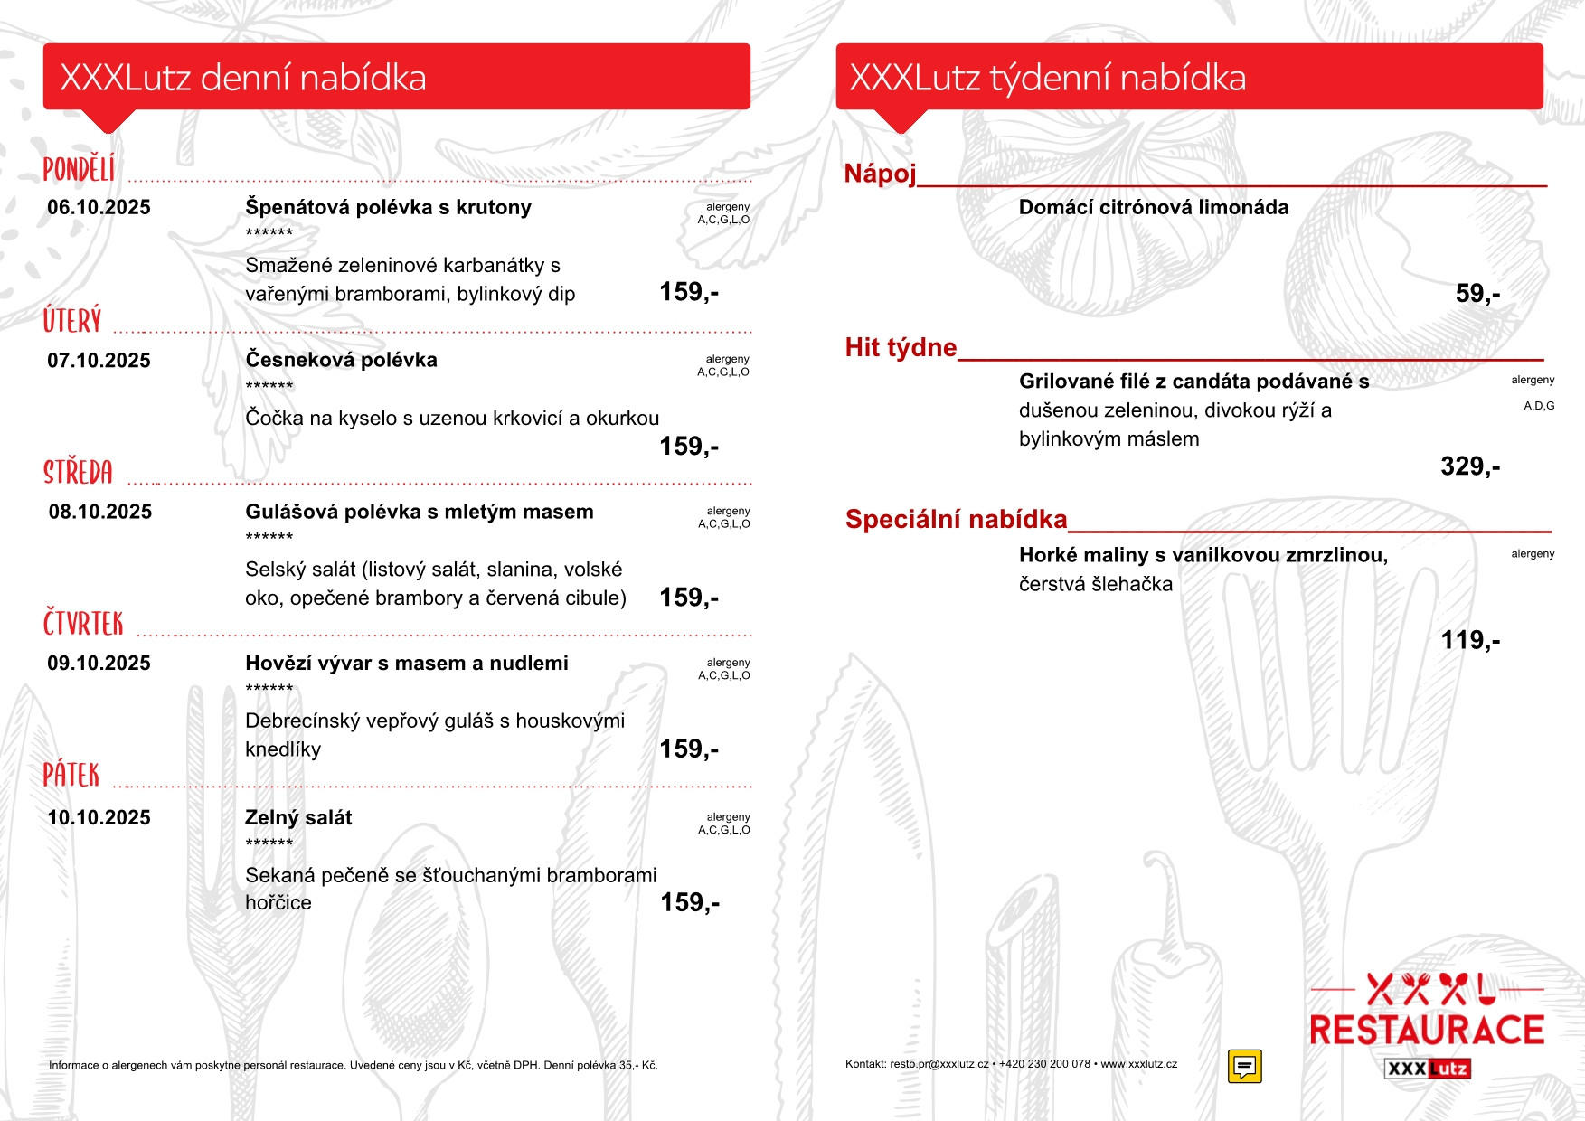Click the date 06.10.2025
tap(99, 207)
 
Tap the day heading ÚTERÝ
tap(72, 321)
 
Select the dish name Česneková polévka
tap(341, 360)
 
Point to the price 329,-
tap(1470, 466)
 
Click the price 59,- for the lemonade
tap(1477, 293)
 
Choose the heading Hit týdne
tap(901, 347)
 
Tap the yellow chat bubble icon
tap(1244, 1066)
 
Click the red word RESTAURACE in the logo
tap(1426, 1030)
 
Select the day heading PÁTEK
tap(71, 775)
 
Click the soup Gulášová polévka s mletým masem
tap(420, 512)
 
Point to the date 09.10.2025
tap(99, 664)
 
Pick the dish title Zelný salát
tap(298, 817)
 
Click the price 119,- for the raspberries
tap(1470, 640)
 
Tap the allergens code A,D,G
tap(1539, 406)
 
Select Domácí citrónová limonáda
tap(1153, 207)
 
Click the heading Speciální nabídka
tap(956, 519)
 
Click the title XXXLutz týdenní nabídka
tap(1047, 78)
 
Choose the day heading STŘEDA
tap(79, 472)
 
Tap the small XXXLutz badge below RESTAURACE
tap(1427, 1069)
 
